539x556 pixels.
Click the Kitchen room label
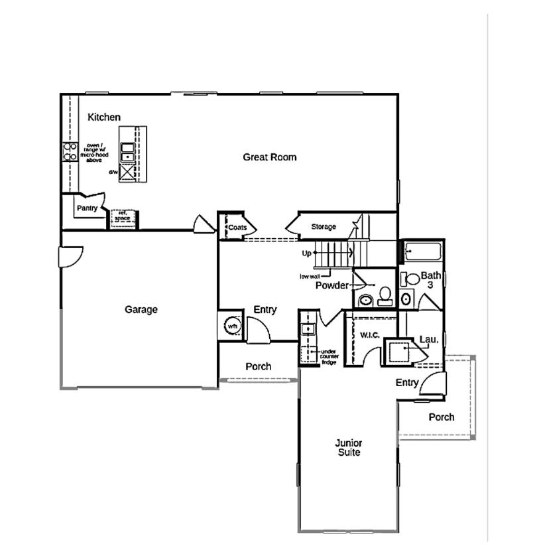pyautogui.click(x=104, y=117)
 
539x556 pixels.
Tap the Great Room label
pyautogui.click(x=269, y=157)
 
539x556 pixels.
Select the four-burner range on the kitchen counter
pyautogui.click(x=68, y=153)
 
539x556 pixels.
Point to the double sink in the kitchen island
pyautogui.click(x=127, y=152)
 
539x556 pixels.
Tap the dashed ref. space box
pyautogui.click(x=123, y=217)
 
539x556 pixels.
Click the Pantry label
pyautogui.click(x=87, y=208)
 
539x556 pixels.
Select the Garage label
pyautogui.click(x=141, y=309)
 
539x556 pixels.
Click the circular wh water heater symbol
pyautogui.click(x=232, y=326)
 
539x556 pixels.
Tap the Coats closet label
pyautogui.click(x=237, y=228)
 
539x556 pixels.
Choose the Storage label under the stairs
pyautogui.click(x=324, y=227)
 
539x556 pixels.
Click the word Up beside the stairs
pyautogui.click(x=306, y=253)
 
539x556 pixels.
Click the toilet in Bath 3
pyautogui.click(x=411, y=279)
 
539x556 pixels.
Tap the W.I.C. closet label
pyautogui.click(x=369, y=335)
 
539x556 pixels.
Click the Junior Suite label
pyautogui.click(x=348, y=448)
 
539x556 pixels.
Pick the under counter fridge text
pyautogui.click(x=329, y=356)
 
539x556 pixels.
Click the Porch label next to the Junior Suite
pyautogui.click(x=441, y=417)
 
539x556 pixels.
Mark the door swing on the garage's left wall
pyautogui.click(x=70, y=256)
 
